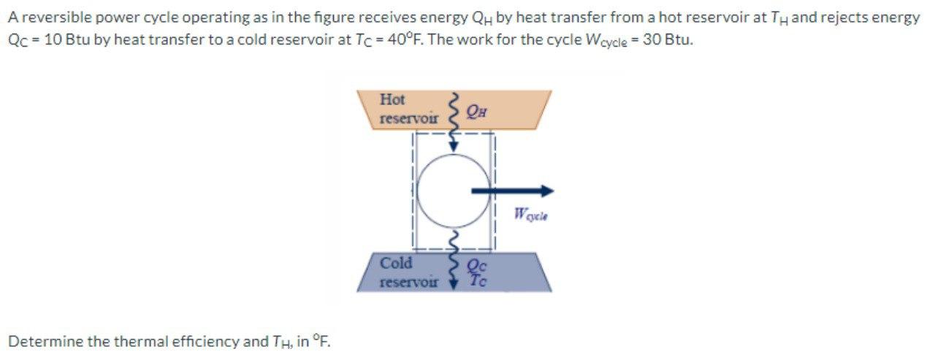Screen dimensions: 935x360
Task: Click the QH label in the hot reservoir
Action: tap(476, 111)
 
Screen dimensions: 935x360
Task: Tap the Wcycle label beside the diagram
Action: tap(531, 215)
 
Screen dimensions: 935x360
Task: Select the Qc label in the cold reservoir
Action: tap(476, 267)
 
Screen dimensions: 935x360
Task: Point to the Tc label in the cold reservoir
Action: tap(477, 279)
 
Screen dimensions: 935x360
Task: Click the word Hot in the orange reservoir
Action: tap(393, 99)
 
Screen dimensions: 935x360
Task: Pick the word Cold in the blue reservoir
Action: tap(397, 263)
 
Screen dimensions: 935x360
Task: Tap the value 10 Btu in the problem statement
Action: tap(66, 39)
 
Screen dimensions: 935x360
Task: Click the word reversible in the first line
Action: tap(48, 18)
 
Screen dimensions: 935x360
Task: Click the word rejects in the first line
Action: tap(852, 18)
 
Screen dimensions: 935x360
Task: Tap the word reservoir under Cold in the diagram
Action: tap(409, 280)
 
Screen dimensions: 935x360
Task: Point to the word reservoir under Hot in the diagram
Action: tap(409, 118)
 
